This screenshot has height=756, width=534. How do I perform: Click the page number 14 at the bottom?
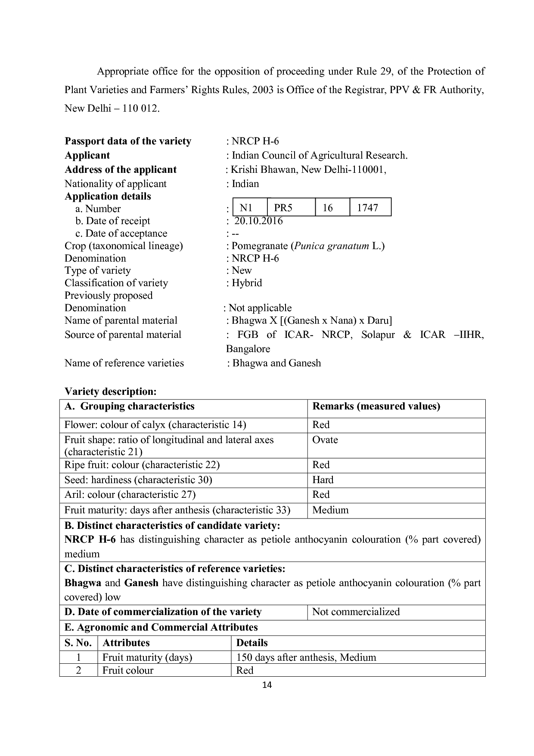[267, 684]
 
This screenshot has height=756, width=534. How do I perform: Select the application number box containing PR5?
[291, 207]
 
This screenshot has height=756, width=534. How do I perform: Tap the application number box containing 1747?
[370, 207]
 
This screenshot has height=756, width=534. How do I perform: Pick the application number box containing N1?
[250, 207]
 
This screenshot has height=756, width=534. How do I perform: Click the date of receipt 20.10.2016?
[258, 221]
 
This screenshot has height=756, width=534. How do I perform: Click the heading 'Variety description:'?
[110, 391]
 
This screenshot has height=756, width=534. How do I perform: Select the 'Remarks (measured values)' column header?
[376, 406]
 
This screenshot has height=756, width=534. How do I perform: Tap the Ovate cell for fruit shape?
[325, 440]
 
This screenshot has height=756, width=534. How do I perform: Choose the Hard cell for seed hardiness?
[323, 480]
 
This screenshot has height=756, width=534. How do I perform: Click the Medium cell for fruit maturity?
[330, 510]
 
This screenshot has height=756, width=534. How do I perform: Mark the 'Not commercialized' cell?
[356, 612]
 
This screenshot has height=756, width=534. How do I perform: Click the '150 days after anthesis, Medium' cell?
[306, 657]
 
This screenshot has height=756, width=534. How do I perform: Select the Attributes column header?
[126, 643]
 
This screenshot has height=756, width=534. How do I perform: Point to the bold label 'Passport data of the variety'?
[128, 141]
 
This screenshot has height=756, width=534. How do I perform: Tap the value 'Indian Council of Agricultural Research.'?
[320, 156]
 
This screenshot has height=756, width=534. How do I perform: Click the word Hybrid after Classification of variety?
[247, 283]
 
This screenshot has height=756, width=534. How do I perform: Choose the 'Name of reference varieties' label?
[124, 363]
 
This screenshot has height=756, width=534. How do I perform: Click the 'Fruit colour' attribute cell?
[128, 670]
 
